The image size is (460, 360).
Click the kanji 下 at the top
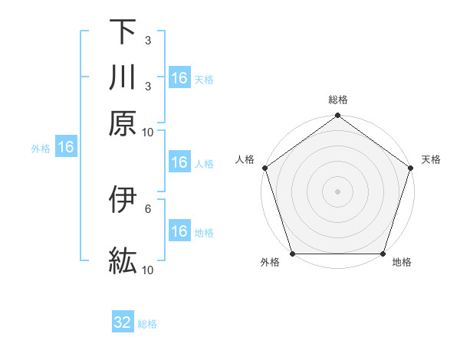(x=123, y=32)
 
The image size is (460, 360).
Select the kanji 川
(x=123, y=77)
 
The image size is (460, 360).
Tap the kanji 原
(x=123, y=123)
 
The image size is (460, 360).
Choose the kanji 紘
(x=123, y=261)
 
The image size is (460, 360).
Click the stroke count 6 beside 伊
(x=148, y=208)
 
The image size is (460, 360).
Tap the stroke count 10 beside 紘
(x=148, y=270)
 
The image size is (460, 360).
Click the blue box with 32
(x=123, y=322)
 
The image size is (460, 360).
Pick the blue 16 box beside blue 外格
(x=66, y=148)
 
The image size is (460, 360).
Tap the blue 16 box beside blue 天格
(x=179, y=78)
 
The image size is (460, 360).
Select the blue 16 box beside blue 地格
(x=179, y=231)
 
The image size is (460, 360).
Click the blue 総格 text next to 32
(x=147, y=324)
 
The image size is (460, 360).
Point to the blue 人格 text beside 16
(x=204, y=163)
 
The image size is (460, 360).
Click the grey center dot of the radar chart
(x=337, y=191)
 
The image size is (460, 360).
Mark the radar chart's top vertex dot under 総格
(x=337, y=116)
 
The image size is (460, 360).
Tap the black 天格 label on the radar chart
(x=432, y=159)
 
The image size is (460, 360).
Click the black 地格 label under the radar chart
(x=402, y=263)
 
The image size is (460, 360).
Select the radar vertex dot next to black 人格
(x=265, y=168)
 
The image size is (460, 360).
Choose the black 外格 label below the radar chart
(x=270, y=263)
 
